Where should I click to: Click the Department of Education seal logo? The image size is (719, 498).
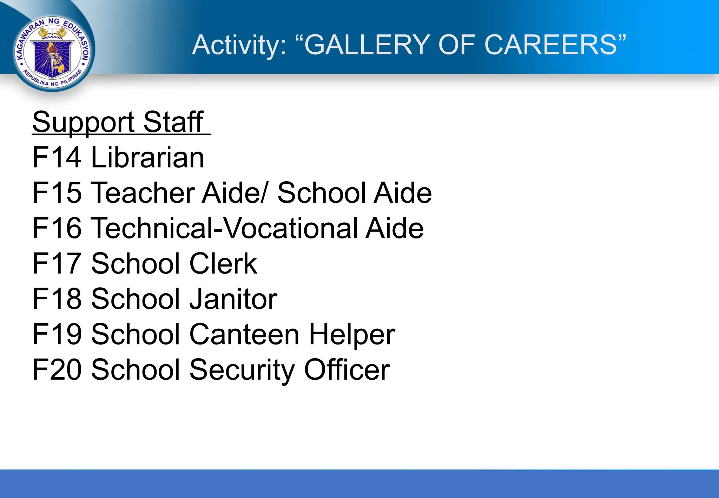[53, 53]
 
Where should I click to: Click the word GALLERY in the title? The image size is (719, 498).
[367, 45]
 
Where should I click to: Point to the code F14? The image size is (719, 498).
[57, 158]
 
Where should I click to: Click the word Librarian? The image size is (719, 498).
[147, 158]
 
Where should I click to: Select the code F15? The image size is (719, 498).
[57, 193]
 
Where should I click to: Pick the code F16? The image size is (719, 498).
[57, 228]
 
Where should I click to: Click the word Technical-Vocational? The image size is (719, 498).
[225, 228]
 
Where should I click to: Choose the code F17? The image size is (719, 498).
[57, 264]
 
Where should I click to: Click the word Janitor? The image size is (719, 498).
[233, 299]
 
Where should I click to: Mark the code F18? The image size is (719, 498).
[57, 299]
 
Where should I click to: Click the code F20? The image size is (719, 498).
[57, 370]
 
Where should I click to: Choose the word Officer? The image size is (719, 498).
[347, 370]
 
